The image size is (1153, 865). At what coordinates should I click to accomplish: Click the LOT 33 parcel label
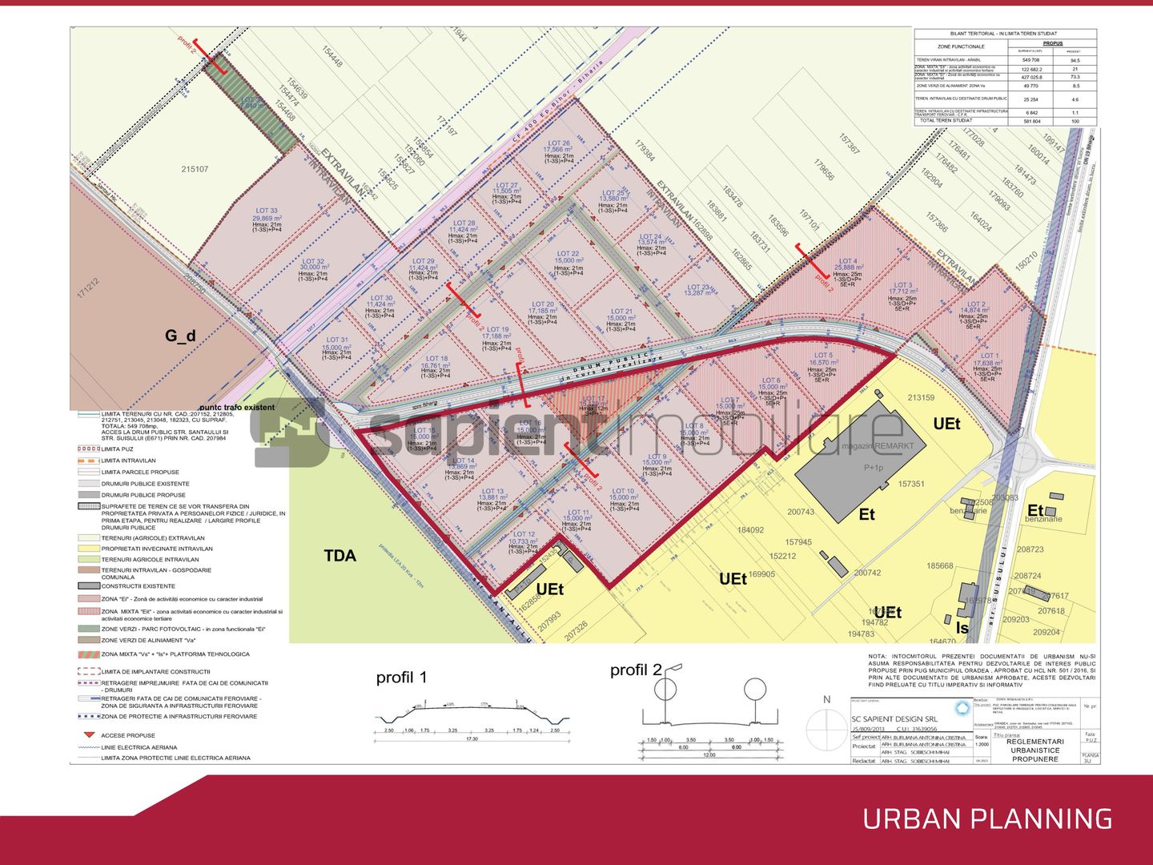267,211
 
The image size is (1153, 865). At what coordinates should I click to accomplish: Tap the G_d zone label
180,336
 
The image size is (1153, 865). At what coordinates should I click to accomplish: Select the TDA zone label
339,555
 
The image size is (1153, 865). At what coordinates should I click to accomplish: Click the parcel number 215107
195,169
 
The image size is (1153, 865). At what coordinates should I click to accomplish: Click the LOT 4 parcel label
847,261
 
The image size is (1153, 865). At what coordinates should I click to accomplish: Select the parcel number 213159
921,397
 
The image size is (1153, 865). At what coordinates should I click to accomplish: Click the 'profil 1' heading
402,678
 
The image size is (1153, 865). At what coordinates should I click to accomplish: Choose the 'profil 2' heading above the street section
636,670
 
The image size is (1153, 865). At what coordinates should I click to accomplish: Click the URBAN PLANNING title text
987,819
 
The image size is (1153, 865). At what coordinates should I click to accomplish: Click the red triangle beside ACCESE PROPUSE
89,734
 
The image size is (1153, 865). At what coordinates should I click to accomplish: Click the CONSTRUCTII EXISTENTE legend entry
138,585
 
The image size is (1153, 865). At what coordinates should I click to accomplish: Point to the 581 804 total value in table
1031,121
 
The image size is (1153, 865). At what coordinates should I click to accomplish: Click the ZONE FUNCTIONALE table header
961,47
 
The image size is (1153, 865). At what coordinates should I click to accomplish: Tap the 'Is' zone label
962,628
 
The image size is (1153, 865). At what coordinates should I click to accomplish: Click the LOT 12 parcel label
524,534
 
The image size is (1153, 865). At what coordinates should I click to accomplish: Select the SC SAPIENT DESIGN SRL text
894,719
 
